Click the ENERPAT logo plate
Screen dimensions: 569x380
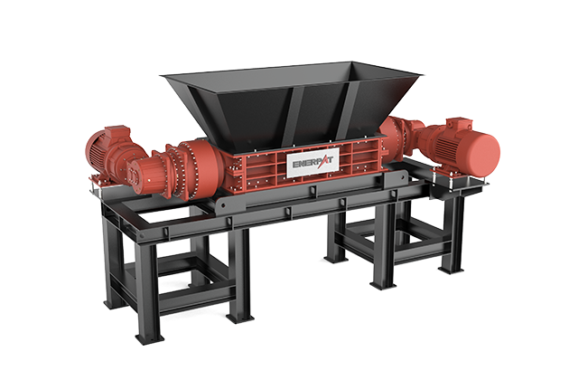click(x=313, y=163)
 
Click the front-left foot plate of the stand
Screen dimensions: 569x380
click(x=150, y=337)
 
